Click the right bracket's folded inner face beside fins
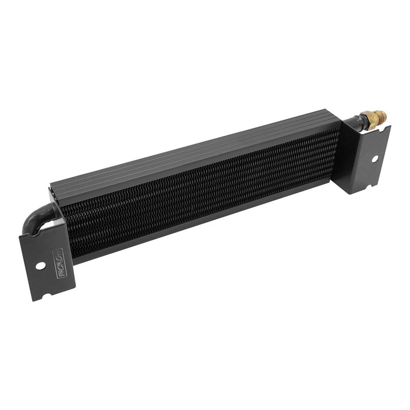click(x=344, y=154)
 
